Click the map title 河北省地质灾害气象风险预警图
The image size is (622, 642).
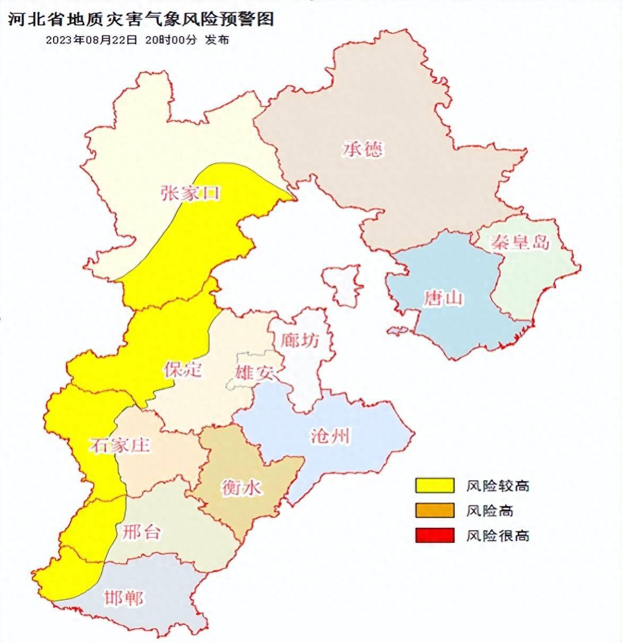141,19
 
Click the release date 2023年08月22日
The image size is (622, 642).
91,40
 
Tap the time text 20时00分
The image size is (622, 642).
171,40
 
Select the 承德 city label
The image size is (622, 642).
362,149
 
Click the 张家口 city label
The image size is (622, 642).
190,193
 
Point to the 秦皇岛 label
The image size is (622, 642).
520,242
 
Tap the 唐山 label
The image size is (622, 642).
443,299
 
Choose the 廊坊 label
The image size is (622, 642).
300,340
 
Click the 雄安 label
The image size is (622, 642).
255,372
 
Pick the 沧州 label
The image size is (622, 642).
330,436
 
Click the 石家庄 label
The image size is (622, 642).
119,445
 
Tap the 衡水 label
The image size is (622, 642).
241,487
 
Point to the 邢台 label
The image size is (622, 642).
141,532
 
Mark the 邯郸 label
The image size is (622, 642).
124,598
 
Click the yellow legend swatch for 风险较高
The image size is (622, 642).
435,485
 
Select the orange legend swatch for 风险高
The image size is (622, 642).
435,510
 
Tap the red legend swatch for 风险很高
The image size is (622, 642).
435,535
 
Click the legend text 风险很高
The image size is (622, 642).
497,535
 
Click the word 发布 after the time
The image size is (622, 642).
217,40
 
